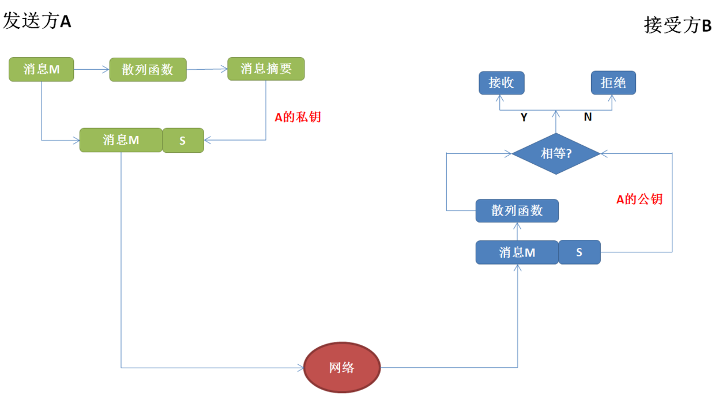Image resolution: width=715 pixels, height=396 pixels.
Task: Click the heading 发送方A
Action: click(37, 21)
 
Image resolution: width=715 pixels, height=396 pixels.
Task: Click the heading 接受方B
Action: click(678, 25)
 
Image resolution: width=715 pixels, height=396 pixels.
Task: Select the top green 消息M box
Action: click(42, 70)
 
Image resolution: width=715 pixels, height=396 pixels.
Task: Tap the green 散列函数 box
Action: click(148, 70)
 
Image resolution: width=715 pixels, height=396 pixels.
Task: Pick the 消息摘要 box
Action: click(266, 69)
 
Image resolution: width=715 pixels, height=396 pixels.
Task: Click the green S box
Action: click(183, 140)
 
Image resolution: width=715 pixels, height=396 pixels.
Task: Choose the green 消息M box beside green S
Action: click(121, 140)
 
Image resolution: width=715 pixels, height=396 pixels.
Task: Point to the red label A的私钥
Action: click(298, 117)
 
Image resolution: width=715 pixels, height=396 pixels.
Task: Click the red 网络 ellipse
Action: click(342, 367)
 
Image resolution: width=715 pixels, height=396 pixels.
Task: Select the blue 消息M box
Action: click(517, 252)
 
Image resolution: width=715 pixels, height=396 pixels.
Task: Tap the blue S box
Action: click(579, 252)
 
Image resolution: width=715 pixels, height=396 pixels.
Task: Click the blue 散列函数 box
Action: click(517, 210)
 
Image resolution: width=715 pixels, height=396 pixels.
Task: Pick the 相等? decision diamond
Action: click(556, 154)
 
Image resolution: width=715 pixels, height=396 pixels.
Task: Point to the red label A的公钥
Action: click(639, 199)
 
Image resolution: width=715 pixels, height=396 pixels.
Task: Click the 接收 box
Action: click(502, 83)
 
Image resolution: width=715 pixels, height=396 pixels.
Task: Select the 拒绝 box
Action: click(614, 83)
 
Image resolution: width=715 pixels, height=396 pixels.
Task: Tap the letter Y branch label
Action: click(524, 117)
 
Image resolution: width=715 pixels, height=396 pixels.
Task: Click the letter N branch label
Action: click(588, 117)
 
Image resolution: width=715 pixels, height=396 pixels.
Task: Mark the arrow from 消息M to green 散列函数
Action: click(92, 70)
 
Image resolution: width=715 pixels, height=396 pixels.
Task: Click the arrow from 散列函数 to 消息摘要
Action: click(207, 69)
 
